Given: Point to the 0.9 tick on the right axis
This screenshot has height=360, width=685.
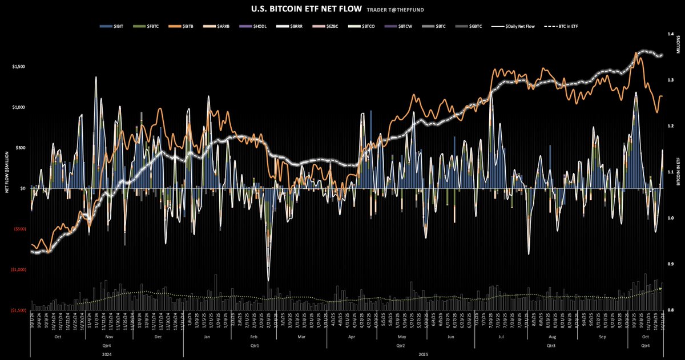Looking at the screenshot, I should [674, 264].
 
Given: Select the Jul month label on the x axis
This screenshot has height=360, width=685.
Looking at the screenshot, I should [501, 338].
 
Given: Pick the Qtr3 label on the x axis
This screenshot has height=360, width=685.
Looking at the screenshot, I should [551, 345].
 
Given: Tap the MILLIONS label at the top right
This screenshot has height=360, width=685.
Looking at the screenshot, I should [679, 46].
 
